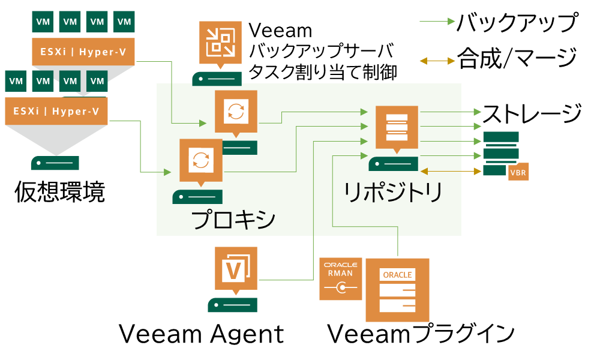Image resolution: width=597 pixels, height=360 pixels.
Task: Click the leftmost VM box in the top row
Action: (x=43, y=22)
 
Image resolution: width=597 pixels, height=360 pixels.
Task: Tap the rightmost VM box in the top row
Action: (x=124, y=22)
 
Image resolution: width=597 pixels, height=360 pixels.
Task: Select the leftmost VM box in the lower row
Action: (x=16, y=80)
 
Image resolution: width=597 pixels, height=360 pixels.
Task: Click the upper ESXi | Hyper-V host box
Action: (x=83, y=52)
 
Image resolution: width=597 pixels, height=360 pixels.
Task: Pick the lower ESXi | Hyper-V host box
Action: (x=56, y=111)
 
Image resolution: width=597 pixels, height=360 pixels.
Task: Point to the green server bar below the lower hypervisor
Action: (x=55, y=163)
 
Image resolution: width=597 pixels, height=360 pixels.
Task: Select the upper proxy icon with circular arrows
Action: (x=236, y=110)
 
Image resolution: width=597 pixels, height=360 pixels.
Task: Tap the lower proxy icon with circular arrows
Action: (x=200, y=160)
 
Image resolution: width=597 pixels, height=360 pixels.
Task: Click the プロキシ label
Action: (x=234, y=220)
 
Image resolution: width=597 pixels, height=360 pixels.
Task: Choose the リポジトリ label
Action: (x=393, y=192)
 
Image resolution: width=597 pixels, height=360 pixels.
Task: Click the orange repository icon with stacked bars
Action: (x=397, y=126)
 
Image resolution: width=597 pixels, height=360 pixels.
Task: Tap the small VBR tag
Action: (x=518, y=173)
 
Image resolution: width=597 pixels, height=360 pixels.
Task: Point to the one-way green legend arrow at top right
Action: (x=437, y=22)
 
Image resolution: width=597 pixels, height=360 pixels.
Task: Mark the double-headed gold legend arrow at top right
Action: (x=437, y=61)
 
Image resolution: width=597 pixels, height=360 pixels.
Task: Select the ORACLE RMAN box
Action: (x=341, y=279)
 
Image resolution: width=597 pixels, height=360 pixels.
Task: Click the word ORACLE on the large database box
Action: (x=397, y=275)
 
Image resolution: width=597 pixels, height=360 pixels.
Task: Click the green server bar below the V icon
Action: (x=232, y=305)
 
